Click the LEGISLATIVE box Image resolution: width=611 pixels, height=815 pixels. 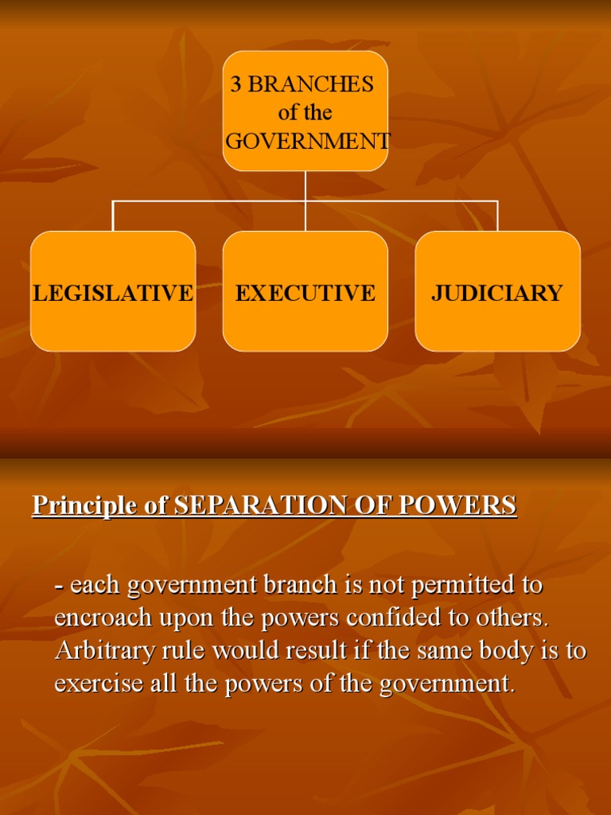click(x=113, y=291)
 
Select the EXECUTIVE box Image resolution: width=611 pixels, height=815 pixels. click(x=305, y=291)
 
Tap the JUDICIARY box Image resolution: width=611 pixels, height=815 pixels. click(x=498, y=291)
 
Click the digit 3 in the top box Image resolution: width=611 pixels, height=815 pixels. click(x=236, y=85)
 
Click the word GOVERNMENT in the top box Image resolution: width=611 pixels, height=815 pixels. click(x=308, y=142)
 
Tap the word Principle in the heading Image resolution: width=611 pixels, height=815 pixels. click(x=83, y=505)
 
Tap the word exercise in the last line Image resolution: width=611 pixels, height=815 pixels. click(x=99, y=684)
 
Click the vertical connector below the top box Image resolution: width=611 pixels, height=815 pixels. click(x=305, y=185)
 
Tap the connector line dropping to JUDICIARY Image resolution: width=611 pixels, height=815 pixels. click(x=498, y=216)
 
